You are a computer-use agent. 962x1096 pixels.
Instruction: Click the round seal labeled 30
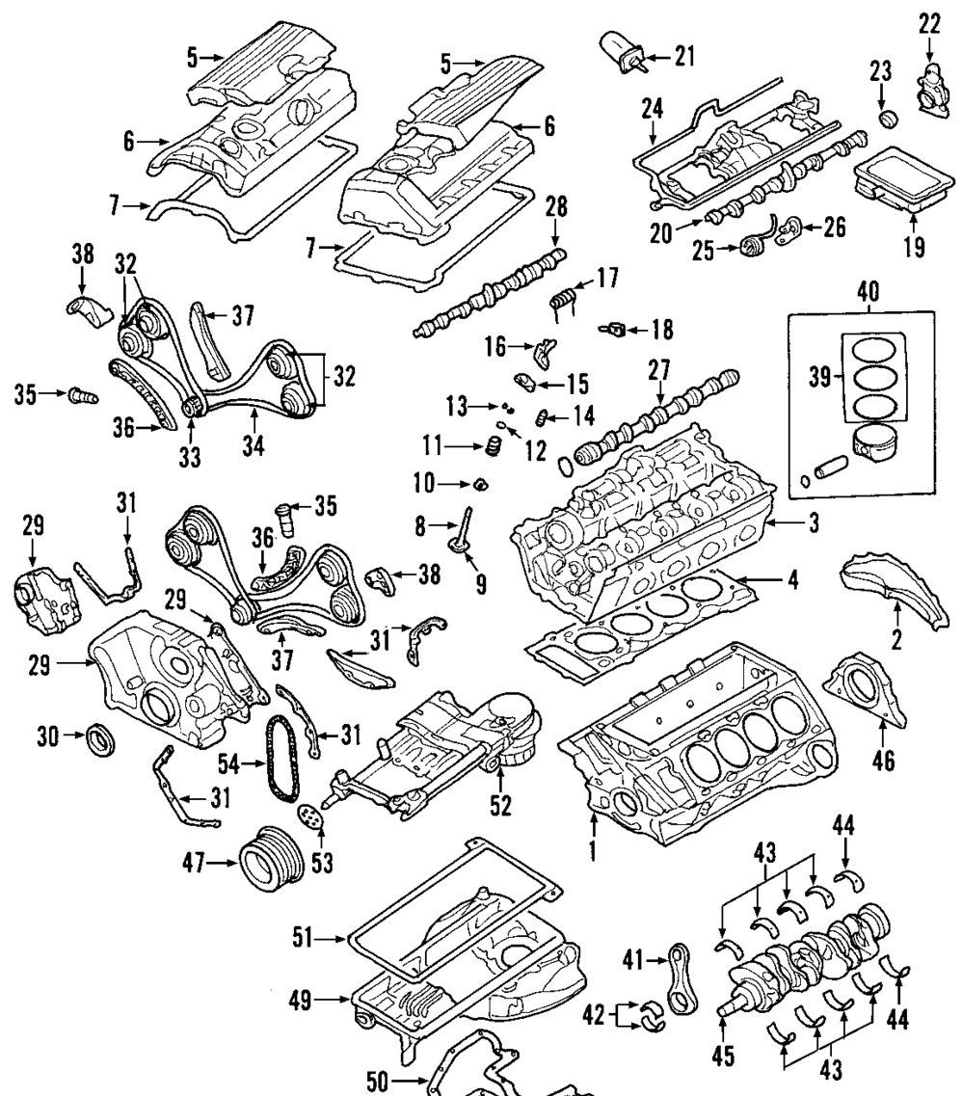[101, 739]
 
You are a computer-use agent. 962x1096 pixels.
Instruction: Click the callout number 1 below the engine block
[595, 851]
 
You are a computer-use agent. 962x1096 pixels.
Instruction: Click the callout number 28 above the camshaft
[556, 207]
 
